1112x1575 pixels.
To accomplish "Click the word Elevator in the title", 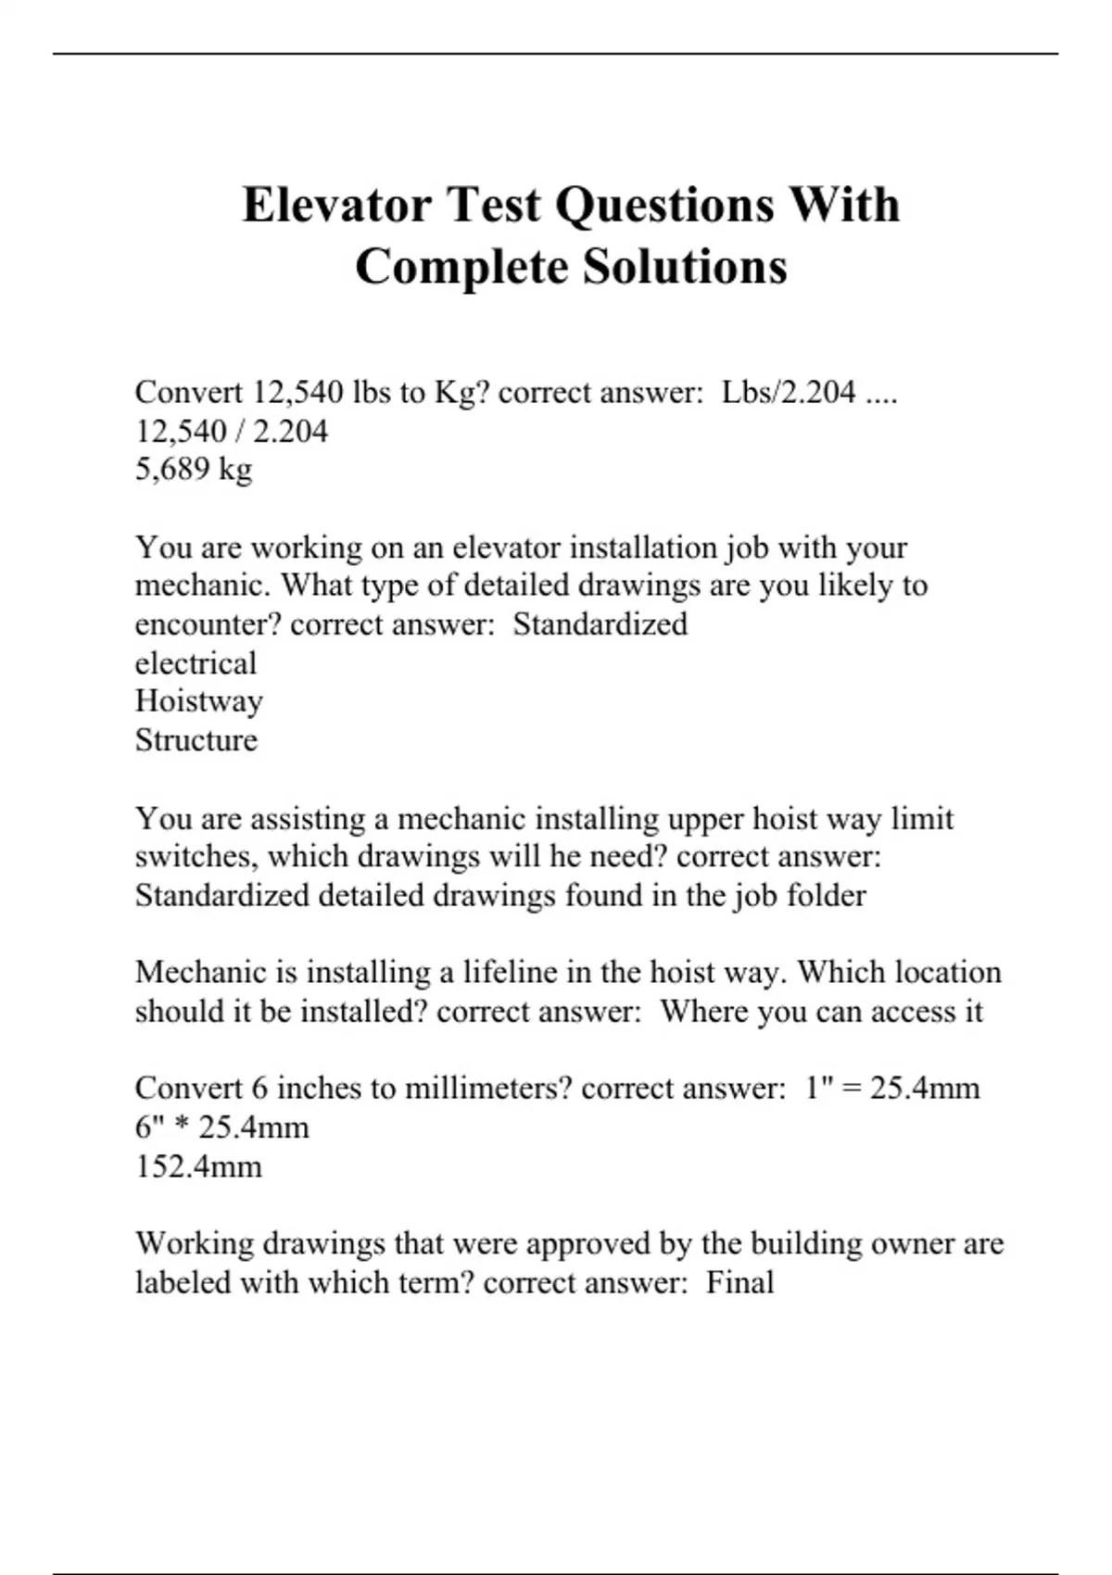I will pos(336,205).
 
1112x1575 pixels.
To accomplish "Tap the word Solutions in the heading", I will pos(685,267).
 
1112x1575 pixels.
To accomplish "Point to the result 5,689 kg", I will pos(194,470).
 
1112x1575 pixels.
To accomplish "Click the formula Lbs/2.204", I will pos(789,393).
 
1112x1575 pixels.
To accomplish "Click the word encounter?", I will pos(208,624).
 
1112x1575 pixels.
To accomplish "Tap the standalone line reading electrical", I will pos(196,663).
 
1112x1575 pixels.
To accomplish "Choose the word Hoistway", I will pos(198,701).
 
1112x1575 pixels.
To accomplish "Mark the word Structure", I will pos(196,740).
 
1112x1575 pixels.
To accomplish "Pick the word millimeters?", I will pos(488,1088).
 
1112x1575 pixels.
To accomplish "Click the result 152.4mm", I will pos(198,1165).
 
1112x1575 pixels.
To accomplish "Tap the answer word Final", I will pos(739,1283).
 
